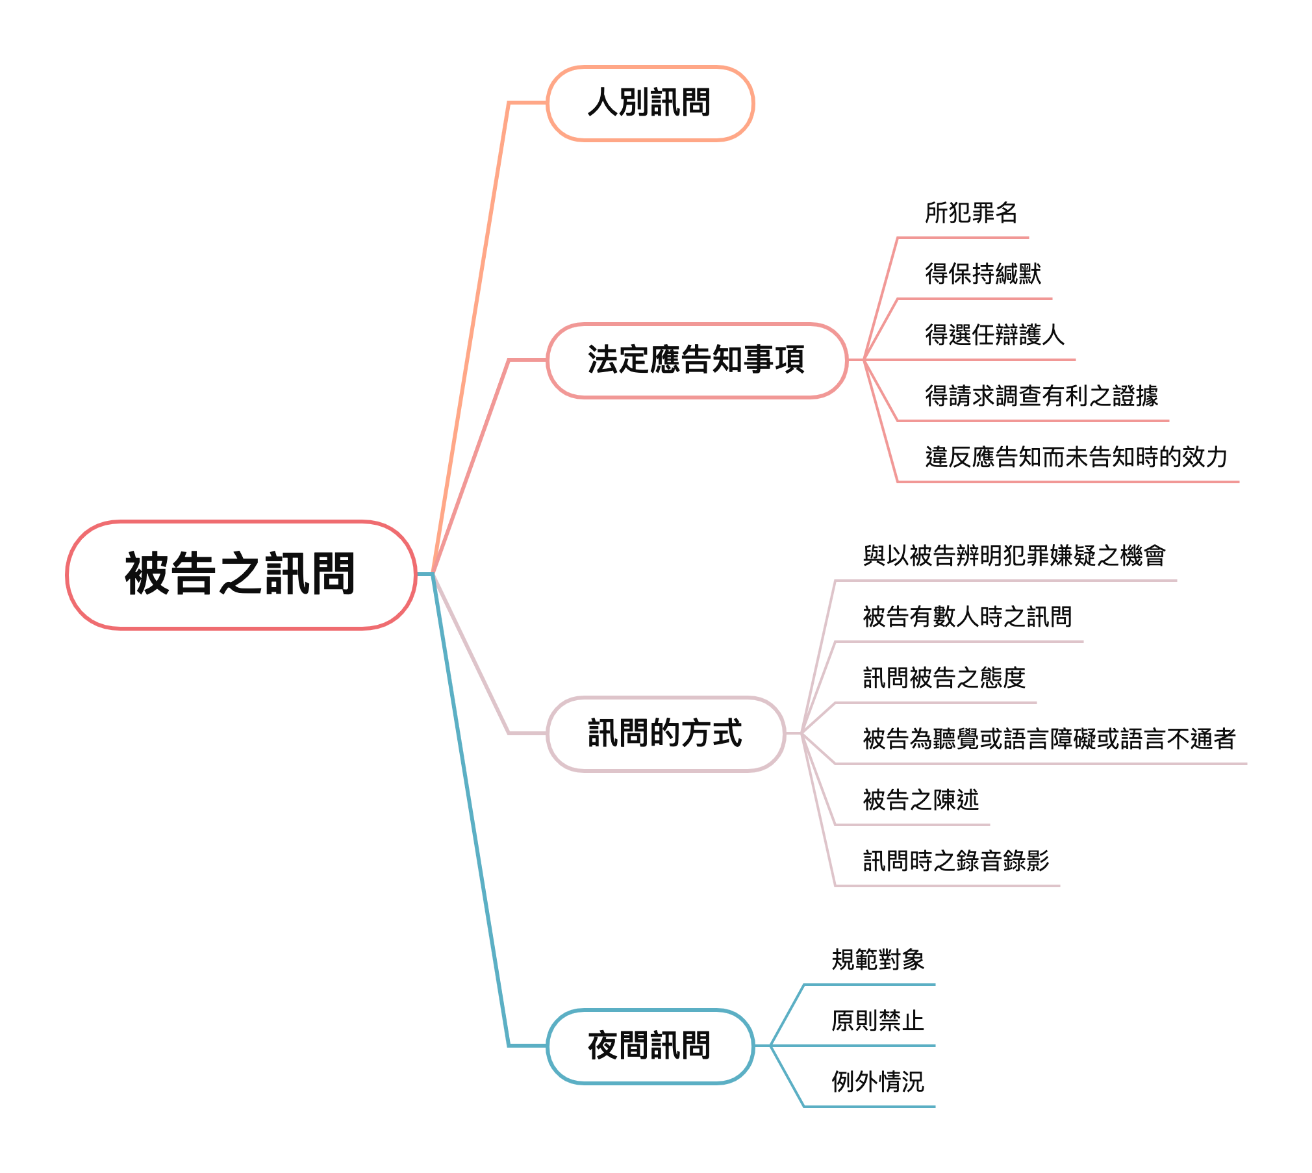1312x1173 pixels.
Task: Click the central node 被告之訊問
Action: click(240, 574)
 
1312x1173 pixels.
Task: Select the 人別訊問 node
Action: click(650, 103)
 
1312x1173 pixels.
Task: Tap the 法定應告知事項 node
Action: click(696, 360)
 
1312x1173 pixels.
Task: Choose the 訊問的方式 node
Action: click(665, 733)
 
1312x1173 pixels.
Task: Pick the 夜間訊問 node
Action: click(650, 1046)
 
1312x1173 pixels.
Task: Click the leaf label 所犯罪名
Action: click(971, 213)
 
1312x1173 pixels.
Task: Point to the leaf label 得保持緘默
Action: click(983, 274)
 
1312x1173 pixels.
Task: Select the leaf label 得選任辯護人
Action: click(994, 335)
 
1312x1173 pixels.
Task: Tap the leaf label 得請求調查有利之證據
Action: click(1041, 396)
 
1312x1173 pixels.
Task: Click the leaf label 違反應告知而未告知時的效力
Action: click(1076, 457)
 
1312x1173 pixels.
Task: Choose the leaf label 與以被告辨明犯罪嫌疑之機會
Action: click(1014, 556)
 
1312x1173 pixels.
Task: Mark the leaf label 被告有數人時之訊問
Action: click(967, 617)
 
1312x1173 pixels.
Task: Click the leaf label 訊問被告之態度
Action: click(944, 678)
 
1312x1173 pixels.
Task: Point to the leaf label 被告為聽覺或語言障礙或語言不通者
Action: click(1049, 739)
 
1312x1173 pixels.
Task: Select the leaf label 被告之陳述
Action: click(920, 800)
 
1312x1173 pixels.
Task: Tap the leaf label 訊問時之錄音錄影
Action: click(955, 861)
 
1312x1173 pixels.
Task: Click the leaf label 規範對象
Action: click(877, 960)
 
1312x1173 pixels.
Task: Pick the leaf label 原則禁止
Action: click(877, 1021)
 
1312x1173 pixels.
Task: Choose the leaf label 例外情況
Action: click(877, 1082)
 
